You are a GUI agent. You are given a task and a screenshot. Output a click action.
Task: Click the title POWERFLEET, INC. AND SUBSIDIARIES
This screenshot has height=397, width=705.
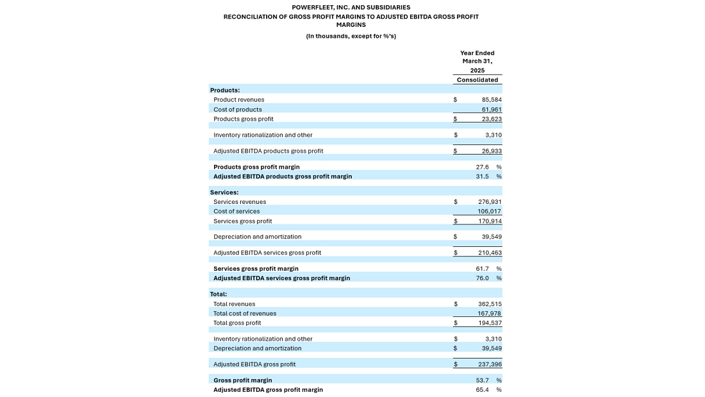coord(351,8)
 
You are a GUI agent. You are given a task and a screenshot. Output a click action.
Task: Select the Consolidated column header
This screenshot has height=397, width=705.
coord(477,80)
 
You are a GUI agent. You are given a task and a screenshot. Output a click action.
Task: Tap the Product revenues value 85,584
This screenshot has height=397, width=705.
coord(492,100)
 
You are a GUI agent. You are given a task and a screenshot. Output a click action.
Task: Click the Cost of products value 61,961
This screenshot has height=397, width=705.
coord(492,110)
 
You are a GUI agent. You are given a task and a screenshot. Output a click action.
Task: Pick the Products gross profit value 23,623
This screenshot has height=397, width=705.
coord(492,119)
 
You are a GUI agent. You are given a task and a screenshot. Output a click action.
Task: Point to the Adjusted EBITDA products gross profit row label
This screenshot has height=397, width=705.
coord(268,151)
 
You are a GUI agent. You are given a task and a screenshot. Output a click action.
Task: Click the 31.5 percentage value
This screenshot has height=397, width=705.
coord(482,176)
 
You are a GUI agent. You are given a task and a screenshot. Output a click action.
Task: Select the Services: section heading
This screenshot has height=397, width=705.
coord(224,192)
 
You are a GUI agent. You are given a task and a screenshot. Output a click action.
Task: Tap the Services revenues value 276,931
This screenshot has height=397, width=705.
coord(490,202)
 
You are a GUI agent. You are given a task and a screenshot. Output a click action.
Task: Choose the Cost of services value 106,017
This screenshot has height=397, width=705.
coord(490,212)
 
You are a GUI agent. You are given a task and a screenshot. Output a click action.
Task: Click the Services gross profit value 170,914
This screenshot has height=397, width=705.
coord(490,221)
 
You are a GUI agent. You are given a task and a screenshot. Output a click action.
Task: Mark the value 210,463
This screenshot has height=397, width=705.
coord(490,253)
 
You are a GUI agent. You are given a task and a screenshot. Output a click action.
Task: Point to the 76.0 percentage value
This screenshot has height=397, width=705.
coord(482,278)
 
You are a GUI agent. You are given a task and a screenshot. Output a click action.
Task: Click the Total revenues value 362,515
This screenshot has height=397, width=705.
coord(490,304)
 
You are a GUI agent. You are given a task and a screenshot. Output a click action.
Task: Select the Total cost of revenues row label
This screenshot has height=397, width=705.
coord(245,314)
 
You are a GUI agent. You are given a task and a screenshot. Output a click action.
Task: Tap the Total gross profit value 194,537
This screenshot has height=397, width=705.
coord(490,323)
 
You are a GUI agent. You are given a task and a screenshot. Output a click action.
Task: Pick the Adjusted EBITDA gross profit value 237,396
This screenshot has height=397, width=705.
coord(490,364)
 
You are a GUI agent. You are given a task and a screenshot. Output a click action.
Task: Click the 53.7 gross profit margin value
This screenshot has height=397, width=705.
coord(482,380)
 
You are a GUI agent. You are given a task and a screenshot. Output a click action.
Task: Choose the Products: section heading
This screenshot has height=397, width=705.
coord(225,90)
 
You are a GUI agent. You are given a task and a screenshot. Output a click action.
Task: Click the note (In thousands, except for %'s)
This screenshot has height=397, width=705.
coord(351,37)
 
